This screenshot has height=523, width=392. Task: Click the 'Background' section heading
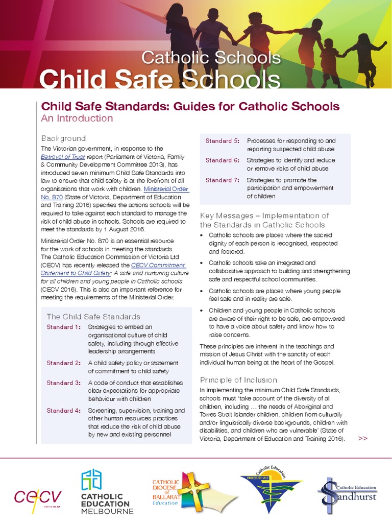click(63, 138)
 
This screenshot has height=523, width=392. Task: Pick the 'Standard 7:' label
click(222, 180)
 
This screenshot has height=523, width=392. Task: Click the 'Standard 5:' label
click(222, 140)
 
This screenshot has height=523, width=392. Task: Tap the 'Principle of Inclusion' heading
click(238, 380)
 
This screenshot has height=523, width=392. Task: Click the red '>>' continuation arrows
click(363, 438)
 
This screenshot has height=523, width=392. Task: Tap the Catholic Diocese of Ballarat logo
click(179, 491)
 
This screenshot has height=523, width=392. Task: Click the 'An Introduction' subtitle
click(77, 118)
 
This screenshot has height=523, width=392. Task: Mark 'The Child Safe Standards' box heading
click(93, 317)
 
